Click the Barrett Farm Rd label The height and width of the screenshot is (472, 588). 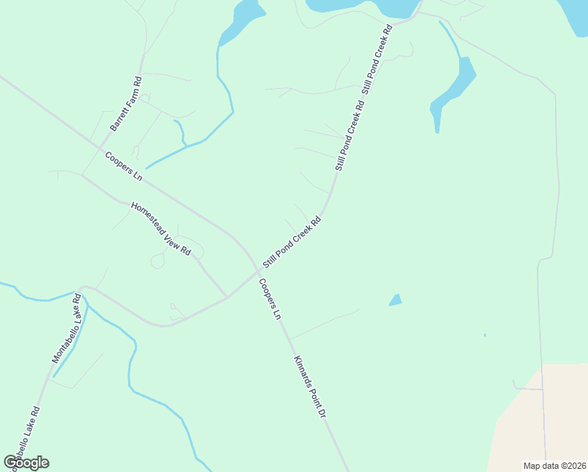126,104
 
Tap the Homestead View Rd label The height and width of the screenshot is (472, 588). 160,230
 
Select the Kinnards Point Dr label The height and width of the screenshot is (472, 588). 310,386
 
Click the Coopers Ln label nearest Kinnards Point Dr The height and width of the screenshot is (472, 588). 270,299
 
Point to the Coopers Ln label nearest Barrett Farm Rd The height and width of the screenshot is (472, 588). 123,164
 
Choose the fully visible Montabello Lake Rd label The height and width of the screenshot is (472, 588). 67,329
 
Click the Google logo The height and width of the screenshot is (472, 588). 26,463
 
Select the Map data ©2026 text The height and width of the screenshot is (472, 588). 553,466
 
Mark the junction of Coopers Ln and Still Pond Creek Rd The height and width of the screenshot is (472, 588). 258,271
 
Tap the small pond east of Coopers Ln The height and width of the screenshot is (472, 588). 395,300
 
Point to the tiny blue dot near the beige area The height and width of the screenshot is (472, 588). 485,335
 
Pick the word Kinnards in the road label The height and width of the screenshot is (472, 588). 303,372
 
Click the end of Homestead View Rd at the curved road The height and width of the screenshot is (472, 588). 227,297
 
